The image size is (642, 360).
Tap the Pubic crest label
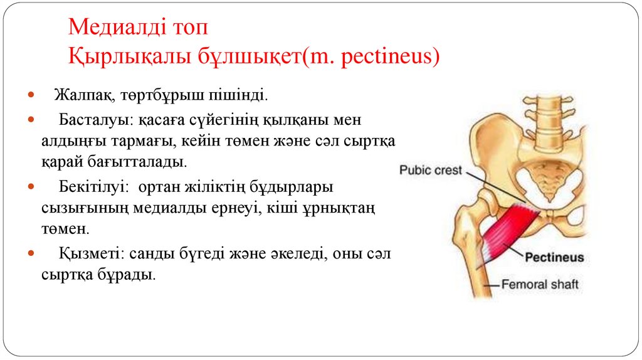tap(431, 170)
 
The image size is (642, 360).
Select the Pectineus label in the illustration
tap(554, 257)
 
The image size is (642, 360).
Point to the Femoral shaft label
tap(540, 285)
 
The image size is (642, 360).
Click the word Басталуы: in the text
tap(87, 119)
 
